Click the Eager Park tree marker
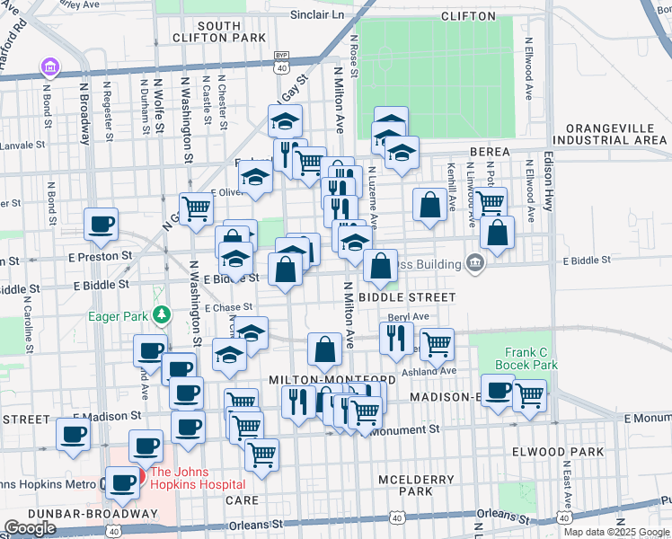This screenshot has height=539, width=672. [161, 314]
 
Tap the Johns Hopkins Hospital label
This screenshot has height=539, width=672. [191, 478]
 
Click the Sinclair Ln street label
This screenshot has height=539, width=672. [318, 15]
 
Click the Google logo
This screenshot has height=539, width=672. [30, 528]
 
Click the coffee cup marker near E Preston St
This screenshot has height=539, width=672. [101, 224]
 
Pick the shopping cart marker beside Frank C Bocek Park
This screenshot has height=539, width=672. [529, 393]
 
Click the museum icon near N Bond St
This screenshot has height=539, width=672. [49, 67]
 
